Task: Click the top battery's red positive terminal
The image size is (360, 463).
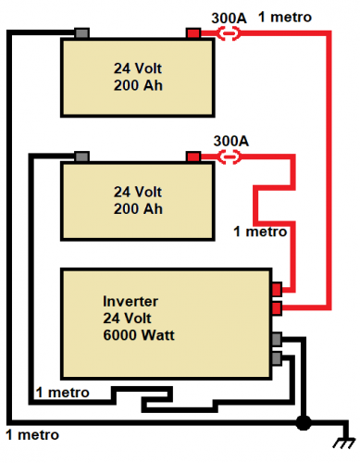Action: tap(193, 33)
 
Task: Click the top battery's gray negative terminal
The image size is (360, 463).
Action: tap(81, 33)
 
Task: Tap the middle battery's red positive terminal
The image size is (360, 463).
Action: tap(193, 156)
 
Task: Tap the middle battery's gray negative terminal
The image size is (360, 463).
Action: tap(81, 156)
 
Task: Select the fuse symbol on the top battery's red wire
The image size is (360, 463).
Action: tap(229, 33)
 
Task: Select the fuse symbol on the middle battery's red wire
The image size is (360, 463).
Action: tap(229, 156)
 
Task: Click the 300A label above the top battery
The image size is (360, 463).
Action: tap(229, 18)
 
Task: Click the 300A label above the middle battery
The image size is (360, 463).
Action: tap(231, 141)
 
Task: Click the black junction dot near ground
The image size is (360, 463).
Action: tap(304, 422)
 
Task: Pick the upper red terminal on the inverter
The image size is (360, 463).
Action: tap(277, 290)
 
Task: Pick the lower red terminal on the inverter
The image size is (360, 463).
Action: tap(277, 308)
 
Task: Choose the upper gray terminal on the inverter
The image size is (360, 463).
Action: tap(277, 339)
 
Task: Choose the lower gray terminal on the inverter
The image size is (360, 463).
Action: tap(277, 358)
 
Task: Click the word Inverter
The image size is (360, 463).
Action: tap(130, 301)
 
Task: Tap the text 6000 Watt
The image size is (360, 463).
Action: tap(139, 335)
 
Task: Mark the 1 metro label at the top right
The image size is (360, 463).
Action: tap(285, 17)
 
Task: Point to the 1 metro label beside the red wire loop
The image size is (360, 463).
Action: tap(260, 231)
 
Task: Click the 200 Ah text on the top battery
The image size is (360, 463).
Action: tap(138, 85)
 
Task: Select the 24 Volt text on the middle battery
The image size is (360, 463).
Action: tap(138, 192)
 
